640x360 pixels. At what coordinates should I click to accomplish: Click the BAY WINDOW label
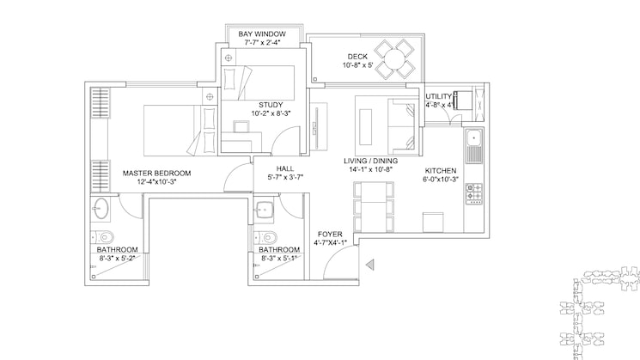pyautogui.click(x=262, y=34)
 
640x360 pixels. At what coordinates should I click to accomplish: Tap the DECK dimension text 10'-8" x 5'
pyautogui.click(x=357, y=65)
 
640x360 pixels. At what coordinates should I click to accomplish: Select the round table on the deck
pyautogui.click(x=394, y=59)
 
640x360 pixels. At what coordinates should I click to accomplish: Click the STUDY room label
pyautogui.click(x=271, y=105)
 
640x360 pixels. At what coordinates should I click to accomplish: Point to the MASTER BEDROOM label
pyautogui.click(x=156, y=173)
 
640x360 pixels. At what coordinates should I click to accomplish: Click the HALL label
pyautogui.click(x=285, y=168)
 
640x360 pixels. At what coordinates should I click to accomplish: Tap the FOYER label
pyautogui.click(x=330, y=235)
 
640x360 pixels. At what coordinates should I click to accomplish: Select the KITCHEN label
pyautogui.click(x=441, y=171)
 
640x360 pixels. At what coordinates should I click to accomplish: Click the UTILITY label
pyautogui.click(x=438, y=97)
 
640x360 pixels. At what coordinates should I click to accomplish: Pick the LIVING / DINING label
pyautogui.click(x=370, y=161)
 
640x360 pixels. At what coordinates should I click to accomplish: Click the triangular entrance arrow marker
pyautogui.click(x=369, y=265)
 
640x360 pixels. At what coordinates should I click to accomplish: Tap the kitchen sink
pyautogui.click(x=473, y=146)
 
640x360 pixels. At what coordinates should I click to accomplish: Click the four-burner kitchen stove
pyautogui.click(x=474, y=193)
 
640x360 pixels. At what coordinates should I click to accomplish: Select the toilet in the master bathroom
pyautogui.click(x=102, y=237)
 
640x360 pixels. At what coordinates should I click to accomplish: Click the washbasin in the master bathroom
pyautogui.click(x=100, y=209)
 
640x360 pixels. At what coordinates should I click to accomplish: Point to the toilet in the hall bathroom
pyautogui.click(x=265, y=237)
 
